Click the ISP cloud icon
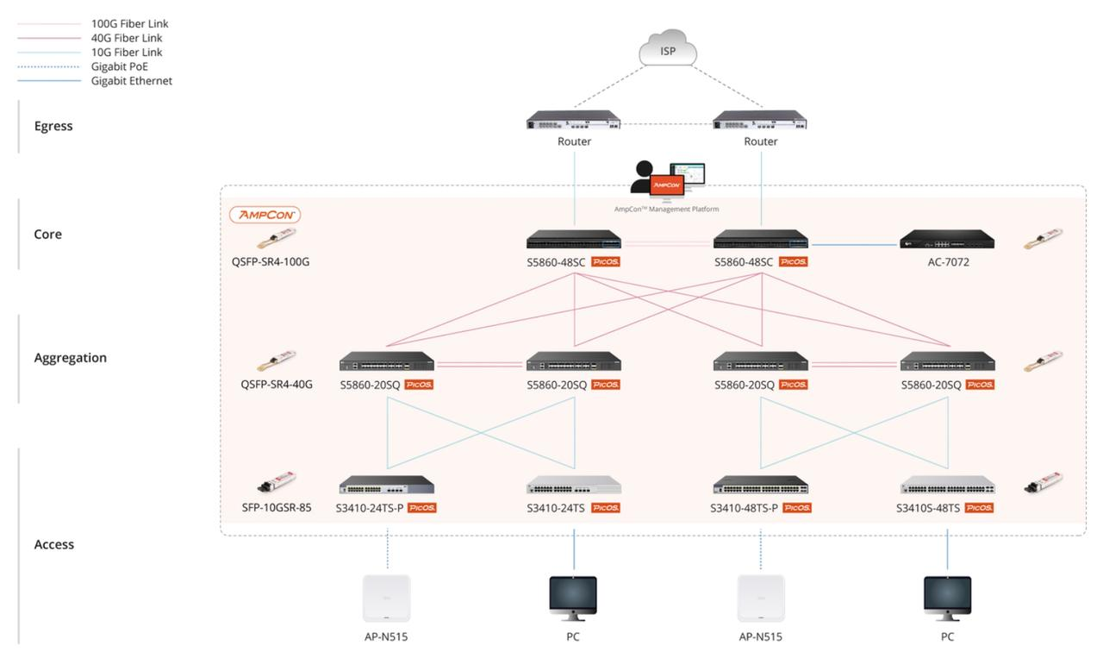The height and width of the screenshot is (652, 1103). (668, 49)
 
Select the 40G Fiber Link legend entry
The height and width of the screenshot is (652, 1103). (127, 38)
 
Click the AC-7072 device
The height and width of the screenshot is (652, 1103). (947, 240)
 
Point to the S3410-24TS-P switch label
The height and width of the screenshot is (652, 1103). (370, 508)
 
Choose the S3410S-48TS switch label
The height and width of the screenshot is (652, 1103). (928, 508)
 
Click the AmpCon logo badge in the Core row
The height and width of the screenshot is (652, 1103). (265, 215)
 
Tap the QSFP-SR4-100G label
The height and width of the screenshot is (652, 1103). (271, 261)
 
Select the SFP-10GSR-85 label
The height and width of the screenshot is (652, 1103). (277, 507)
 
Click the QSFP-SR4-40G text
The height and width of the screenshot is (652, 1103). (277, 385)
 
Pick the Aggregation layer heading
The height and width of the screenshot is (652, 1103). (71, 358)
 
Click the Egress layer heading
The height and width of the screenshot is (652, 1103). (53, 126)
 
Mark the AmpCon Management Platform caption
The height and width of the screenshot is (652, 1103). (666, 209)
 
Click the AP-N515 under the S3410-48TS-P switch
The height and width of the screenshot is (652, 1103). (761, 598)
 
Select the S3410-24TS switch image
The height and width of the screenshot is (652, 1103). (574, 486)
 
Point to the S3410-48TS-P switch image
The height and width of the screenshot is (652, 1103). (761, 486)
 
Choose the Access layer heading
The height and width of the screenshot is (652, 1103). (54, 544)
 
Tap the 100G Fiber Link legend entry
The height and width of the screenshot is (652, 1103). (129, 24)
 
